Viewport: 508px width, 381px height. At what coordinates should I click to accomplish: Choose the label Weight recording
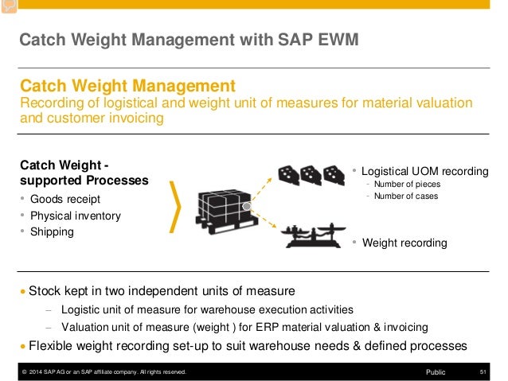point(404,243)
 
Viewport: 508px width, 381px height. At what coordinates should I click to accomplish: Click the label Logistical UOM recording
point(424,171)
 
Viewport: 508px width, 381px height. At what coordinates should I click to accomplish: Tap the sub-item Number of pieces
point(406,185)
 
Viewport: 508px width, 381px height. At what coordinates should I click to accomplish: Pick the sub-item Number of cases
point(405,196)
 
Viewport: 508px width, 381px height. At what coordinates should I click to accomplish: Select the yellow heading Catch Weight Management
point(127,85)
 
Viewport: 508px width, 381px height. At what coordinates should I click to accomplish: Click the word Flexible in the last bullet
point(53,346)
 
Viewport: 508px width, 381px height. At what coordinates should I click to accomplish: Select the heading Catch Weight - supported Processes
point(84,173)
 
